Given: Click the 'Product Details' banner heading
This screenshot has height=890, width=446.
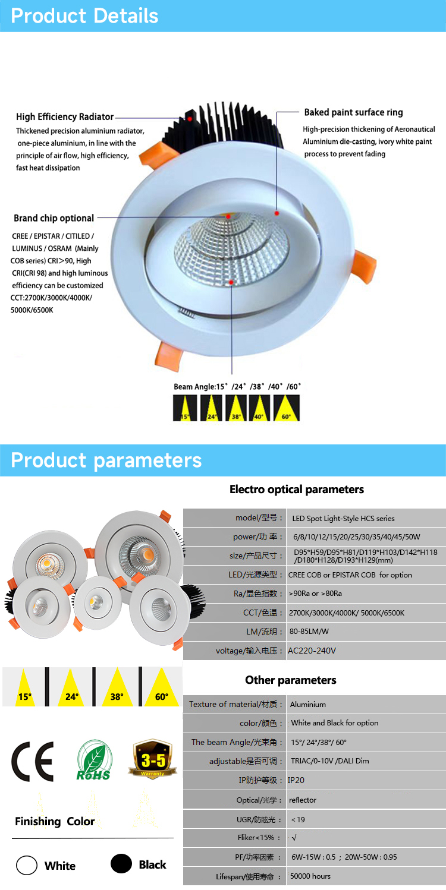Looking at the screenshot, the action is click(x=84, y=16).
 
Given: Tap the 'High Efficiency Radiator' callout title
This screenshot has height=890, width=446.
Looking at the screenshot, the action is click(x=65, y=116).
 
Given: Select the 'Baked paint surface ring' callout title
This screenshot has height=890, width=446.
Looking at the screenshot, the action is click(x=353, y=112).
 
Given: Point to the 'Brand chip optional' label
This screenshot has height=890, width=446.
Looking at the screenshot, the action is click(x=54, y=218).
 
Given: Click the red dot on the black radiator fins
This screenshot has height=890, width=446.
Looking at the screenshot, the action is click(x=190, y=118).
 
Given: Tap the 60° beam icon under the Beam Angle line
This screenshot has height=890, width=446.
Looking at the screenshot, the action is click(x=287, y=408).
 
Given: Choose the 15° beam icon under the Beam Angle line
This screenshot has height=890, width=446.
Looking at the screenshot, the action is click(x=185, y=408).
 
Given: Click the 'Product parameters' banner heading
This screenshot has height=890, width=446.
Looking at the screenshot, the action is click(x=106, y=460).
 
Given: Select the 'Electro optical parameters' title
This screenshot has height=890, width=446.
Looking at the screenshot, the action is click(x=296, y=489).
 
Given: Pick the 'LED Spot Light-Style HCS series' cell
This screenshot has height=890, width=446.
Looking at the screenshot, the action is click(x=343, y=518).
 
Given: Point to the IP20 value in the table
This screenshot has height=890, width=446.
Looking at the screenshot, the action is click(x=296, y=780).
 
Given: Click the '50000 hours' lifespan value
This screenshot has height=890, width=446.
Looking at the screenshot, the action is click(x=310, y=876).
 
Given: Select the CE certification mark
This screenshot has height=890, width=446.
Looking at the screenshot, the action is click(x=33, y=761).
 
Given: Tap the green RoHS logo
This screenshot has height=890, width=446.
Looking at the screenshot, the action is click(x=93, y=760).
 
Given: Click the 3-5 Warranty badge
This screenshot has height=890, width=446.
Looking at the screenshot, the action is click(x=153, y=759).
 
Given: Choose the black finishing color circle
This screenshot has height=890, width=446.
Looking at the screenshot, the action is click(x=121, y=864).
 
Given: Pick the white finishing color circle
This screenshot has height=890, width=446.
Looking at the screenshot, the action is click(x=27, y=865).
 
